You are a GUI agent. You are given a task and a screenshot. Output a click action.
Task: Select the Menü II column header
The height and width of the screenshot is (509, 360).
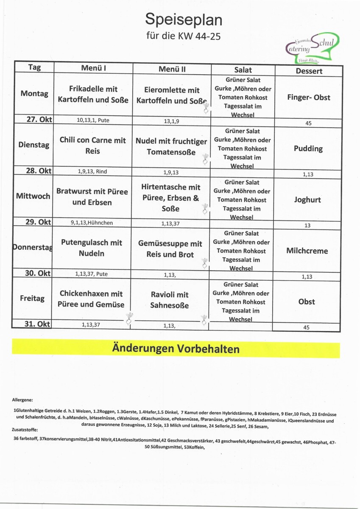point(172,69)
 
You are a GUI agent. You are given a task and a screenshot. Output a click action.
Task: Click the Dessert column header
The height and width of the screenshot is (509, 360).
point(309,71)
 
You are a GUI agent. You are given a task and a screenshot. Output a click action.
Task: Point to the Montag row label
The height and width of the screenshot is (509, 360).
point(34,93)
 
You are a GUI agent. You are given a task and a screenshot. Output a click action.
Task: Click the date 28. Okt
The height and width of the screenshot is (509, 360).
point(39,171)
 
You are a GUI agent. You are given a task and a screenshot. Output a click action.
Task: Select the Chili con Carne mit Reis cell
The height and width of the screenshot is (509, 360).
point(92,145)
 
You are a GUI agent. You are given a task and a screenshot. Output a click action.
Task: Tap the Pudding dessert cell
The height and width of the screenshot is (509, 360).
point(309,148)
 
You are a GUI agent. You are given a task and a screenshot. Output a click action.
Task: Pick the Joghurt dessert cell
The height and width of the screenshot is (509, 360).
point(307,200)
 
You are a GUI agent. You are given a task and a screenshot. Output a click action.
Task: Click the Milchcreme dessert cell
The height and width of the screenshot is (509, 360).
point(307,251)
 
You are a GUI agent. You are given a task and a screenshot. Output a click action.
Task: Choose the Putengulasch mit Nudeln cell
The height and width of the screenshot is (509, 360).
point(92,248)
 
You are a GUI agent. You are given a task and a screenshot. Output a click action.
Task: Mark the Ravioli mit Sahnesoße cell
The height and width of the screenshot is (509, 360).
point(170,300)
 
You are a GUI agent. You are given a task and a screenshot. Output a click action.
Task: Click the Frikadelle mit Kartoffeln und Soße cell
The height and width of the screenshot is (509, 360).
point(93,94)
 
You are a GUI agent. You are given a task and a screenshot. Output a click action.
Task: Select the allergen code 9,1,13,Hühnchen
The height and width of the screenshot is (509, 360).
point(92,222)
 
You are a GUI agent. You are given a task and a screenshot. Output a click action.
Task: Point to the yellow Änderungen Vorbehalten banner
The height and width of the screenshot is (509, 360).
point(176,349)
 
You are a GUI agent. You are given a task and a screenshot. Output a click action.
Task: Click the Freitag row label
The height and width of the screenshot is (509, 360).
point(32,298)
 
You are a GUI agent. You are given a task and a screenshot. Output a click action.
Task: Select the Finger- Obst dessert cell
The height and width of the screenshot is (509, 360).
point(308,98)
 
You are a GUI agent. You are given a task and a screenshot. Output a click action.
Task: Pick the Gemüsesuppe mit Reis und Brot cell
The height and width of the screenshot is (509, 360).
point(170,249)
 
